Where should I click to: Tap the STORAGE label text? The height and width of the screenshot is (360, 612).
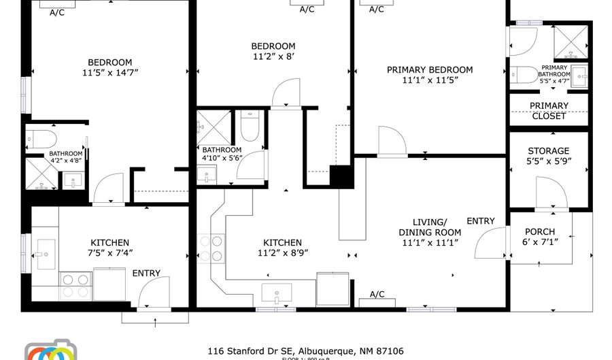tap(548, 151)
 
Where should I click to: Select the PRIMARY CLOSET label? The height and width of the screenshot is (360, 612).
tap(548, 111)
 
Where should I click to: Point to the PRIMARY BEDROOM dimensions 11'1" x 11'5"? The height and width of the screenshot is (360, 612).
tap(430, 80)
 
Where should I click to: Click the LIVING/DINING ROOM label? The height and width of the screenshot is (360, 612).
tap(430, 227)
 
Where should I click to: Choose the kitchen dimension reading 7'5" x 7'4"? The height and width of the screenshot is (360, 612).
tap(110, 253)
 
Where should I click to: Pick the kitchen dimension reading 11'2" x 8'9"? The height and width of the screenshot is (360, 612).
tap(283, 253)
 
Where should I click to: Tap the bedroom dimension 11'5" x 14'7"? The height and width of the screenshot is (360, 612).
tap(110, 73)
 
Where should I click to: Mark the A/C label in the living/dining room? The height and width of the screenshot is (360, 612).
tap(377, 294)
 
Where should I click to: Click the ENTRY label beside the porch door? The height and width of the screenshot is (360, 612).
tap(480, 221)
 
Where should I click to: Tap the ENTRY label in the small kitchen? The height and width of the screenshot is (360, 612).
tap(146, 274)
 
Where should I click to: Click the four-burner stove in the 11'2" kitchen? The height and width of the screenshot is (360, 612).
tap(211, 248)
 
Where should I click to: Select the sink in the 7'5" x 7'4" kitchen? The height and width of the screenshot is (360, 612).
tap(46, 255)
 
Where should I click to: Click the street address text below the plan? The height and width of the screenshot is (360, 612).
tap(305, 351)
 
